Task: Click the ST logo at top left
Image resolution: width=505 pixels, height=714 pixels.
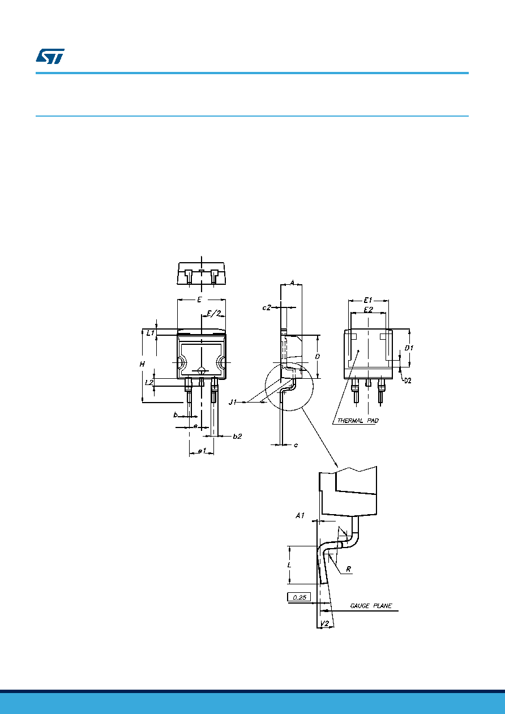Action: pyautogui.click(x=50, y=56)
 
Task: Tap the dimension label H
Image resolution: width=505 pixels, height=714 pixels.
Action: pyautogui.click(x=142, y=364)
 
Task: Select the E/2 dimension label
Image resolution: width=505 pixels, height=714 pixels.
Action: pyautogui.click(x=214, y=313)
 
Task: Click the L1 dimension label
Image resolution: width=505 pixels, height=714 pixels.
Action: pyautogui.click(x=151, y=333)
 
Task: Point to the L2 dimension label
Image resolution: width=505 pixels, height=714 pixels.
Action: pyautogui.click(x=149, y=382)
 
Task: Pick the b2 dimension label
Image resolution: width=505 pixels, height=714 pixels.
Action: pyautogui.click(x=237, y=437)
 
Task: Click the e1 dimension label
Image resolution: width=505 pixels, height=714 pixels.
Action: pyautogui.click(x=202, y=451)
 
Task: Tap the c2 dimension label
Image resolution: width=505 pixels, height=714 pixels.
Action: pyautogui.click(x=267, y=307)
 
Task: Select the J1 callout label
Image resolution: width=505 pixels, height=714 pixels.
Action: pyautogui.click(x=233, y=402)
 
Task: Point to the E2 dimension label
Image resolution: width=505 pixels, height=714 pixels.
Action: pyautogui.click(x=369, y=310)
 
